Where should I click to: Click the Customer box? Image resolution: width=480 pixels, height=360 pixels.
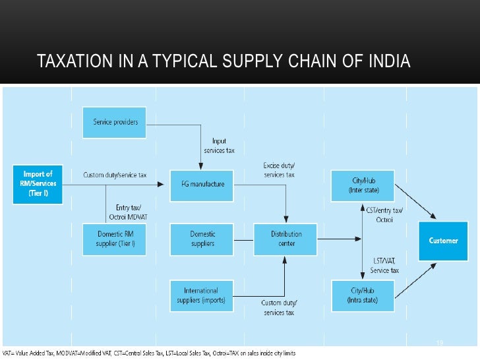pyautogui.click(x=443, y=241)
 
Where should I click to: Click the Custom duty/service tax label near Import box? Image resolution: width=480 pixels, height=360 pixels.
pyautogui.click(x=115, y=175)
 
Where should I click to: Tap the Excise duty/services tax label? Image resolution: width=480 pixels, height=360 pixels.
pyautogui.click(x=279, y=170)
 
